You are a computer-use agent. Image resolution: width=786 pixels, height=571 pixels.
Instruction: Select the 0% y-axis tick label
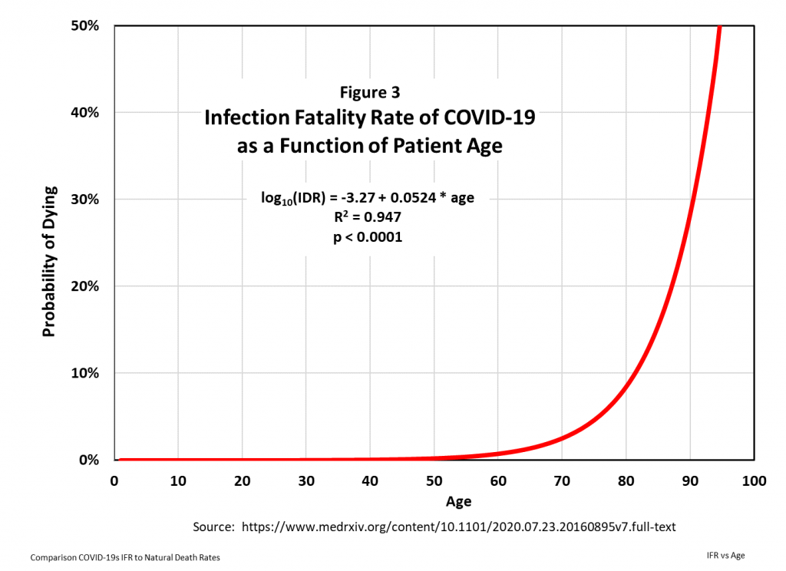tap(88, 460)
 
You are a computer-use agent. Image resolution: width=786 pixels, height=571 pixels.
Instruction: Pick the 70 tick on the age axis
tap(562, 480)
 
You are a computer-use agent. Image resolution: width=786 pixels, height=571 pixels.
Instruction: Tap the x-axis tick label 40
tap(370, 480)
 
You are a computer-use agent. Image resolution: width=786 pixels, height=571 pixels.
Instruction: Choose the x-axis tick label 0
tap(114, 480)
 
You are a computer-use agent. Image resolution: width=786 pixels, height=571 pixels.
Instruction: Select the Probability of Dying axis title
tap(49, 261)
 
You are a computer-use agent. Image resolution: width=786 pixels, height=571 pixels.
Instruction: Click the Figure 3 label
tap(370, 92)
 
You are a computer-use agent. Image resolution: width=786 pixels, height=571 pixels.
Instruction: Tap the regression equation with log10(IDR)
tap(368, 199)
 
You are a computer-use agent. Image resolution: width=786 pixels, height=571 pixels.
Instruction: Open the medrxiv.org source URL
tap(458, 528)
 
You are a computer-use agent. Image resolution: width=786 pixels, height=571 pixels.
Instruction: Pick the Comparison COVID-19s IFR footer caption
tap(125, 557)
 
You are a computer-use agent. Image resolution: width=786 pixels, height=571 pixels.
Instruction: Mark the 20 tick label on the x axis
tap(242, 480)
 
